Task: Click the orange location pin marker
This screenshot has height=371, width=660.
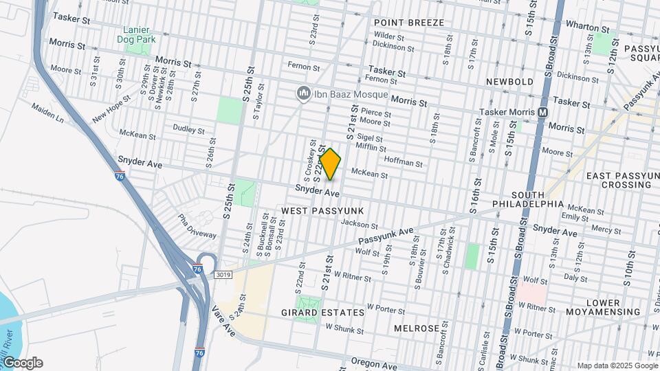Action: pyautogui.click(x=330, y=164)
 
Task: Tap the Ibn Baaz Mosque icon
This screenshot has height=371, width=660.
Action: pyautogui.click(x=302, y=93)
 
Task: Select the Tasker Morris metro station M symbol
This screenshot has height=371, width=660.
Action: pyautogui.click(x=543, y=112)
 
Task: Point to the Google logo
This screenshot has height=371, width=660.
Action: pyautogui.click(x=22, y=363)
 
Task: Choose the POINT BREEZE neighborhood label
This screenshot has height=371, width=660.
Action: pyautogui.click(x=408, y=23)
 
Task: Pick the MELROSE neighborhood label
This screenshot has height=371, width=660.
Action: pyautogui.click(x=417, y=328)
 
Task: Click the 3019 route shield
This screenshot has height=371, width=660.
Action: pyautogui.click(x=222, y=275)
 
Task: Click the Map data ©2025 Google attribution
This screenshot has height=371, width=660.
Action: pyautogui.click(x=617, y=366)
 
